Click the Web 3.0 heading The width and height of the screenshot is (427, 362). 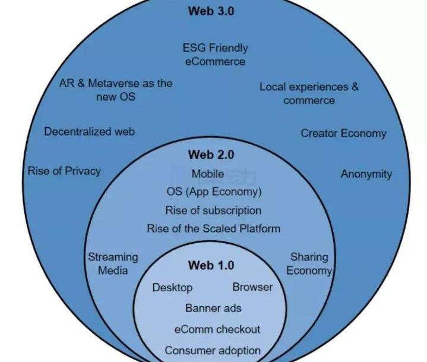click(x=211, y=11)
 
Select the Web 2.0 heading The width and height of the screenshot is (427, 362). click(x=211, y=155)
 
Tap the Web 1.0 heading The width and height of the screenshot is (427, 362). click(x=211, y=265)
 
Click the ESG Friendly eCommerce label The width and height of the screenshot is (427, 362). click(x=215, y=54)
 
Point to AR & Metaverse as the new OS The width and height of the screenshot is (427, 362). click(x=116, y=89)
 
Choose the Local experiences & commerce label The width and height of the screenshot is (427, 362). click(x=309, y=93)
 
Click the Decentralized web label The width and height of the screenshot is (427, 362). click(x=89, y=131)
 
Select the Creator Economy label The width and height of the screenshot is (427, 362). click(x=343, y=133)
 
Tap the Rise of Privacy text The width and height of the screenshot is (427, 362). click(x=64, y=171)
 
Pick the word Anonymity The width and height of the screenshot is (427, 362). click(x=366, y=174)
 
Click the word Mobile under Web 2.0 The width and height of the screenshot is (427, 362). click(x=208, y=174)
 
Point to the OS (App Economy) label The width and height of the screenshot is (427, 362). click(x=214, y=192)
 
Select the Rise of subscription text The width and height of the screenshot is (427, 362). click(x=213, y=210)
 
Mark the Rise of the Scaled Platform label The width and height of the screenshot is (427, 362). click(x=214, y=228)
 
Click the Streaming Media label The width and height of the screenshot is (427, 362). click(x=113, y=264)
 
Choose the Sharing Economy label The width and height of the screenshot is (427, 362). click(x=309, y=264)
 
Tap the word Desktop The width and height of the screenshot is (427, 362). click(x=173, y=288)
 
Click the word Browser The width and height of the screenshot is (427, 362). click(x=252, y=287)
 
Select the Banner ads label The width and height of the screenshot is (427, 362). click(x=213, y=308)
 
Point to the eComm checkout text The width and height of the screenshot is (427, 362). click(x=217, y=329)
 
